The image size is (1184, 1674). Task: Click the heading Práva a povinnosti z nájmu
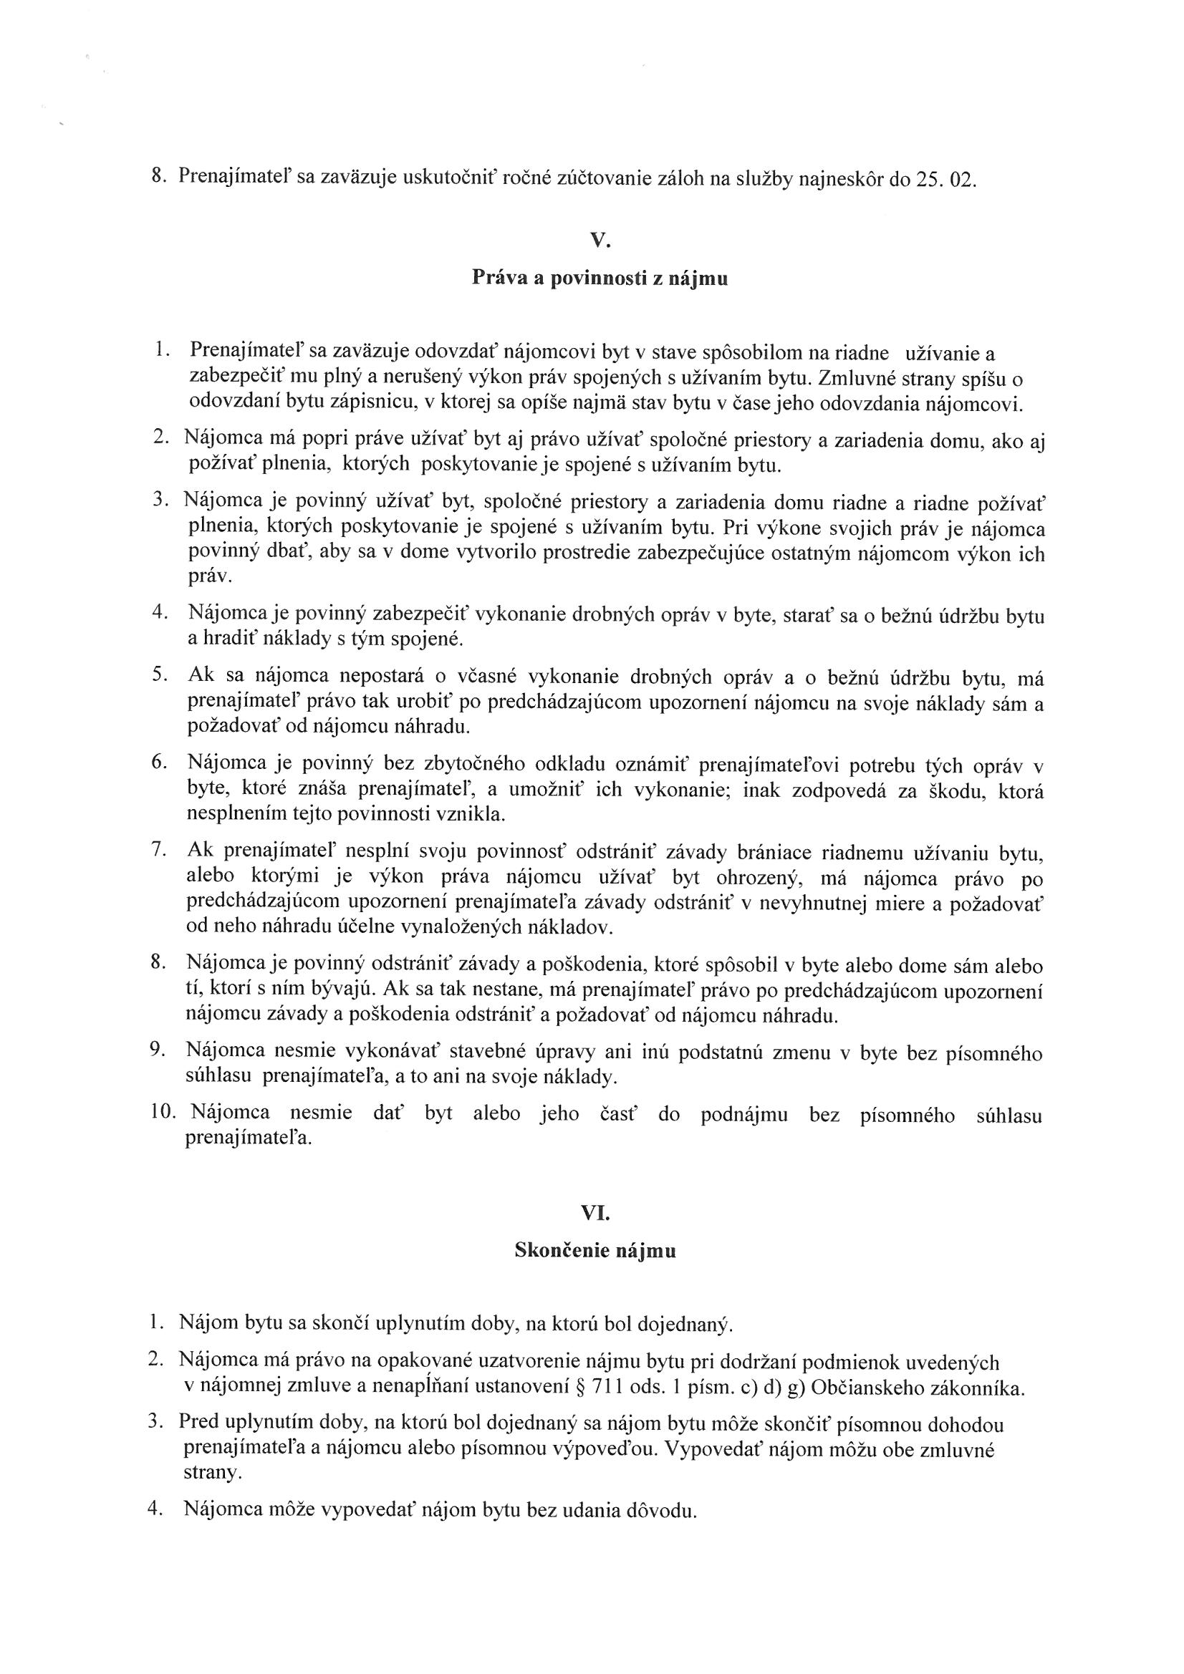coord(600,278)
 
